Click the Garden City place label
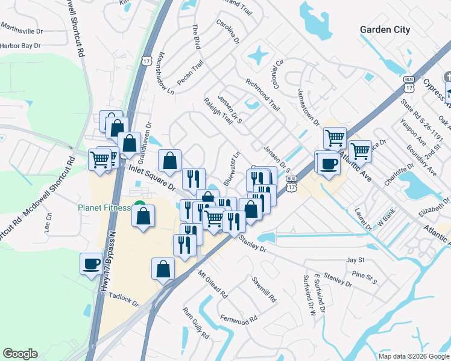385,29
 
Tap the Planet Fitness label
104,208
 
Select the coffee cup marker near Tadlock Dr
92,264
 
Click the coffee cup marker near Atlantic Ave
329,163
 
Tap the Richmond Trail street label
262,95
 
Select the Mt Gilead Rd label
212,284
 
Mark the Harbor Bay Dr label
20,45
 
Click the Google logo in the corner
20,354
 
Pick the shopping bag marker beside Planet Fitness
143,217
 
